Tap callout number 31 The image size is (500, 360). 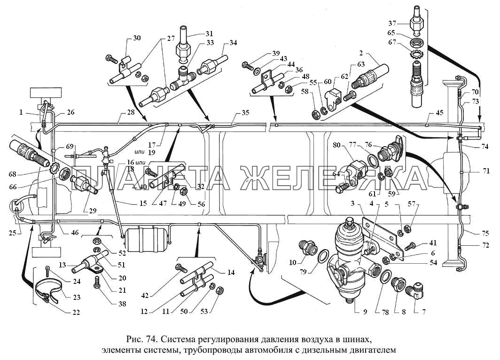coord(210,34)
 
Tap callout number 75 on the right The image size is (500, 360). coord(486,233)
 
